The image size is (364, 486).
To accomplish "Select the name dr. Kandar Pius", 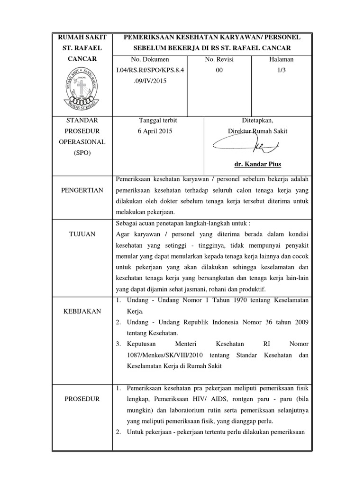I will (x=257, y=164).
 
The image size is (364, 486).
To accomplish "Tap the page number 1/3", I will (x=282, y=70).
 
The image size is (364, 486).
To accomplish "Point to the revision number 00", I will (x=219, y=70).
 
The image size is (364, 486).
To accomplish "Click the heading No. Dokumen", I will (x=150, y=59).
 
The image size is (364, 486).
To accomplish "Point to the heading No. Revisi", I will (x=219, y=59).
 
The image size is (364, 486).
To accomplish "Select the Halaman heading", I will (x=281, y=59).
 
